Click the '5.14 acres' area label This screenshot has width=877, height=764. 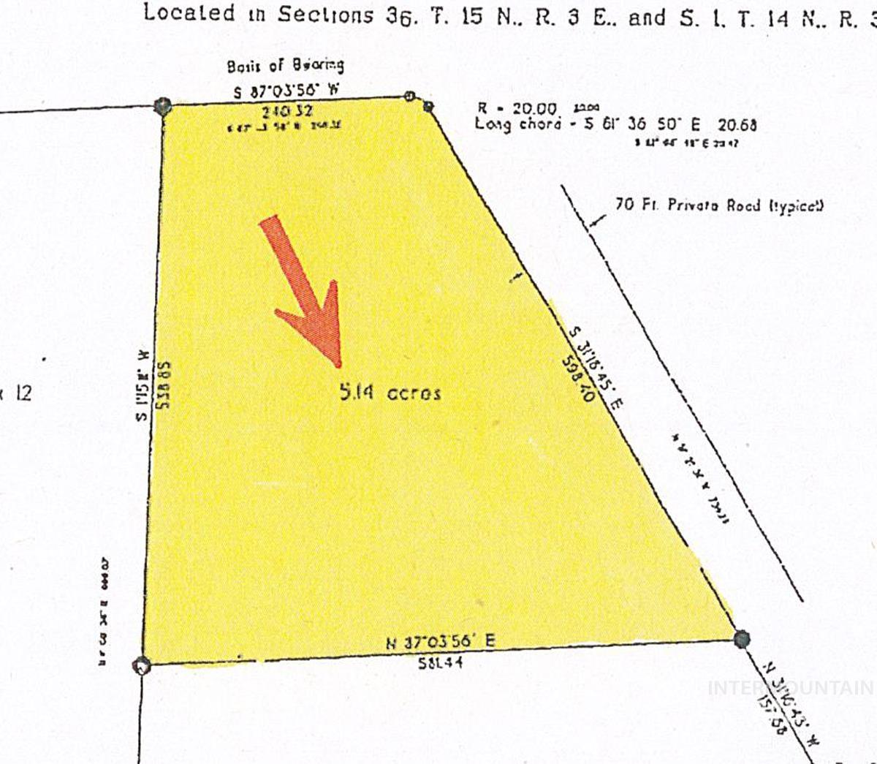click(x=390, y=393)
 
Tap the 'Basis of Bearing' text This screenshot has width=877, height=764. click(x=285, y=66)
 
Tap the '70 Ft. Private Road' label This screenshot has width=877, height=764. click(x=719, y=205)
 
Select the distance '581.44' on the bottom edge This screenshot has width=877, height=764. click(x=441, y=662)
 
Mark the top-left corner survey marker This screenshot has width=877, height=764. click(x=162, y=106)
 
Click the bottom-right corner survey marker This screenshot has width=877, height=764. click(x=742, y=639)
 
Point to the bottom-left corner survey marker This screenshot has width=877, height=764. click(x=142, y=665)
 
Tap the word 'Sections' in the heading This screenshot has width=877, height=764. click(x=325, y=15)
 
